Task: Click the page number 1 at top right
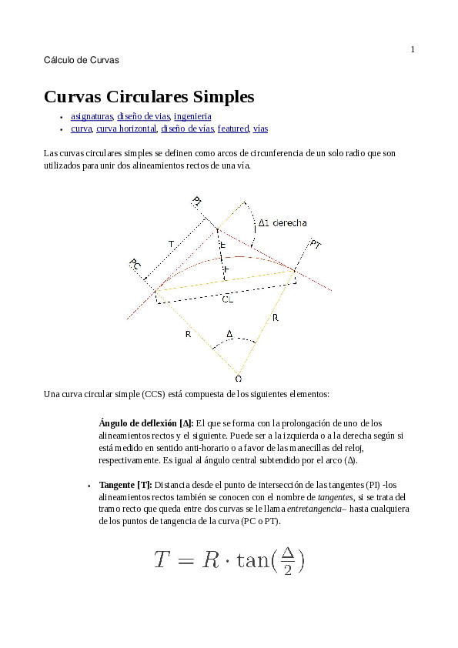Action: point(413,50)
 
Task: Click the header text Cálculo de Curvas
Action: point(81,60)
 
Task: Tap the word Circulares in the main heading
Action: point(145,98)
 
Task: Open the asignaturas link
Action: point(92,116)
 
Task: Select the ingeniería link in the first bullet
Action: point(192,116)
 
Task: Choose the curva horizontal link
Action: point(126,129)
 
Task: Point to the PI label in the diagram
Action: point(196,202)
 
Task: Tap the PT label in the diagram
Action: point(316,245)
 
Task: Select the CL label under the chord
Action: point(228,299)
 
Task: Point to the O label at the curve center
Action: point(238,379)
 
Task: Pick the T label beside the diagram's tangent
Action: point(171,244)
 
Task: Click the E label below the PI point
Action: point(222,245)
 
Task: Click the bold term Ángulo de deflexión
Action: point(146,423)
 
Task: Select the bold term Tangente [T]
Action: point(125,485)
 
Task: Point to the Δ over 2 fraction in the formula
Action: point(288,559)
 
